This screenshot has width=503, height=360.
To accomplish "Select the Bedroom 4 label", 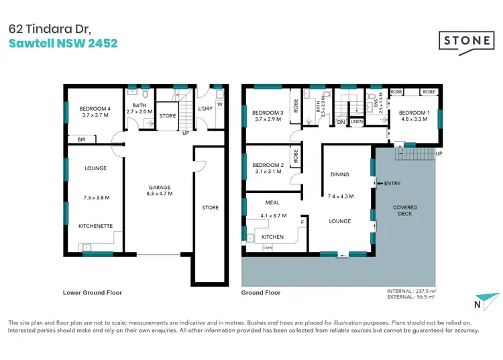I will [x=95, y=109].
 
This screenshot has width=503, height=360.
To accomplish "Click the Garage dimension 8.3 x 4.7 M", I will [x=160, y=193].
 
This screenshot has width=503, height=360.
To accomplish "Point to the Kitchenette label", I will [x=95, y=226].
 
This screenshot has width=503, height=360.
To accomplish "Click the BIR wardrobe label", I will [x=82, y=139].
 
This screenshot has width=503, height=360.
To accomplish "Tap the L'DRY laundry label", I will [x=205, y=109].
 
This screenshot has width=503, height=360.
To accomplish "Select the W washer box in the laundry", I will [x=219, y=104].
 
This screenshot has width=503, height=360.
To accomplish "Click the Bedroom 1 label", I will [x=414, y=113].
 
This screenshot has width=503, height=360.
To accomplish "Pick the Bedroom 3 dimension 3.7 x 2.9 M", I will [x=268, y=121].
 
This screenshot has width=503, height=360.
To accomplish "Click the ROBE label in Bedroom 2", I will [x=296, y=161].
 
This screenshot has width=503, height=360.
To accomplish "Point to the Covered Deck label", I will [x=404, y=211].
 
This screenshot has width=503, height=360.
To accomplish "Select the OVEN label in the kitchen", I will [x=268, y=247].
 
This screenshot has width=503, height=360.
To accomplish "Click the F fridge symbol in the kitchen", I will [x=302, y=221].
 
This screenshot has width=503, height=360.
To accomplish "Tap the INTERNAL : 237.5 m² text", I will [x=411, y=291].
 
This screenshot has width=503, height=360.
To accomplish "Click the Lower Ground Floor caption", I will [x=93, y=292].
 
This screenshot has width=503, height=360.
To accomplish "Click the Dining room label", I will [x=339, y=174].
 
